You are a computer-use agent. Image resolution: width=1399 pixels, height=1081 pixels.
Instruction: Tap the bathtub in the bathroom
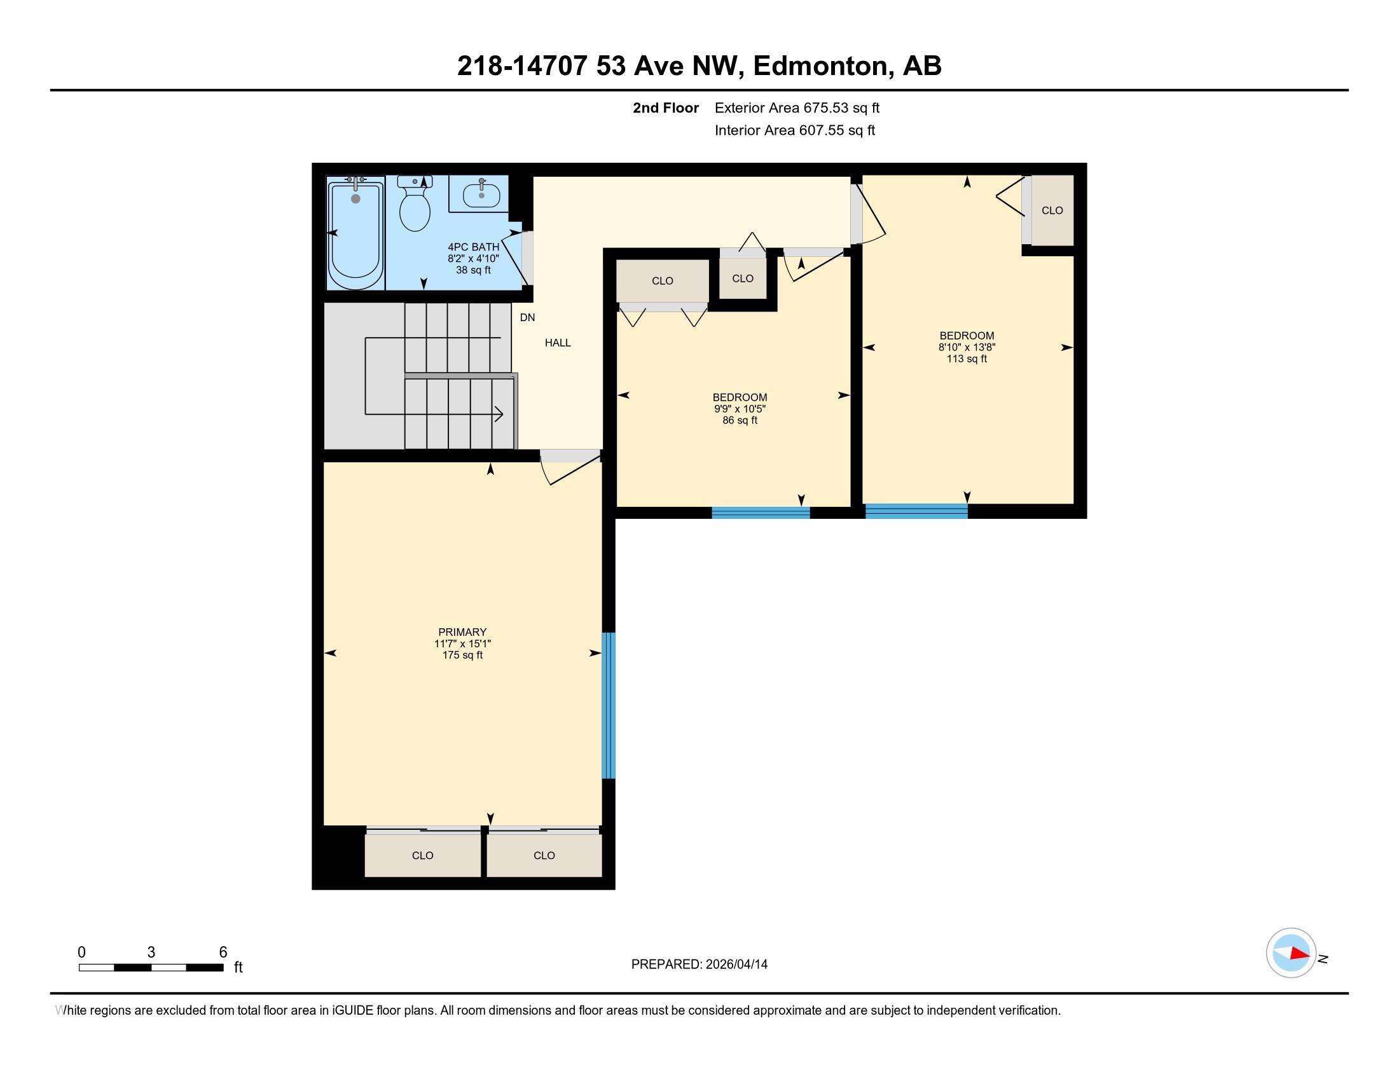355,233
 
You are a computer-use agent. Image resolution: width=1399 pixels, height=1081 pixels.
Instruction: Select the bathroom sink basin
481,194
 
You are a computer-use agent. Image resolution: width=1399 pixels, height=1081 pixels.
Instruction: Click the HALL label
558,343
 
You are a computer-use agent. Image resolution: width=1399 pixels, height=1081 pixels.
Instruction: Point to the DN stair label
527,318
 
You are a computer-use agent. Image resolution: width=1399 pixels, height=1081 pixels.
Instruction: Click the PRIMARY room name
462,632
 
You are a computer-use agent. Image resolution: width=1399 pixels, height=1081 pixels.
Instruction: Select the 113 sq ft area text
967,359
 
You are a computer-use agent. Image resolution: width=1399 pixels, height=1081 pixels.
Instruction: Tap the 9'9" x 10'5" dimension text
740,409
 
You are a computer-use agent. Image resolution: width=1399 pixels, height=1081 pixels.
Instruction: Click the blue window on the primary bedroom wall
609,706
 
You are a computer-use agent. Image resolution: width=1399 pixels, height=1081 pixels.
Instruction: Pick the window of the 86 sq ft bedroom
761,513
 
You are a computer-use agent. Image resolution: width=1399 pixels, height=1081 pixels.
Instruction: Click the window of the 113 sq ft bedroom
916,511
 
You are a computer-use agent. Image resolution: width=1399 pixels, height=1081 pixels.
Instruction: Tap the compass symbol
1291,953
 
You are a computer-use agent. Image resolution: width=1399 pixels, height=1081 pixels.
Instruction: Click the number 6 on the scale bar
223,953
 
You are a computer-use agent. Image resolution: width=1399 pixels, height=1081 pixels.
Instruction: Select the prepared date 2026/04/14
735,965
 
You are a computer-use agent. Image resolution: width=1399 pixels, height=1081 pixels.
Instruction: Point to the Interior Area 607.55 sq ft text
795,130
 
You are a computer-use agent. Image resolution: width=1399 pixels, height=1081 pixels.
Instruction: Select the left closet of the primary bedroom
423,855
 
